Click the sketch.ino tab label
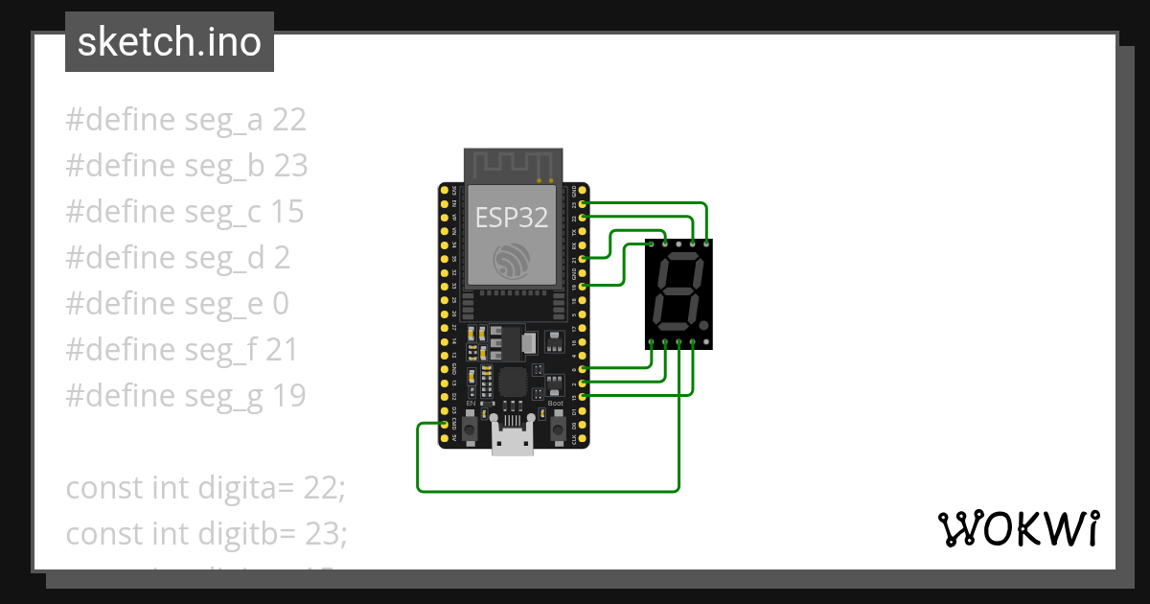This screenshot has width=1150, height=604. (x=169, y=42)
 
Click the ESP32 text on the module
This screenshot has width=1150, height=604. (x=513, y=217)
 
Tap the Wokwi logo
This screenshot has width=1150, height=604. (x=1017, y=528)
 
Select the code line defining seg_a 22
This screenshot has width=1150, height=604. (x=186, y=120)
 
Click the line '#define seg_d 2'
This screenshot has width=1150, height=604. (x=177, y=258)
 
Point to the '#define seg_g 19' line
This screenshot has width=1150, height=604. (x=186, y=395)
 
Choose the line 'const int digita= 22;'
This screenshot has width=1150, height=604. (x=204, y=487)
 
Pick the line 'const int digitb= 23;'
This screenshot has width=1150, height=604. (x=206, y=533)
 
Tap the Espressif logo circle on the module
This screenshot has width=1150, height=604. (x=512, y=261)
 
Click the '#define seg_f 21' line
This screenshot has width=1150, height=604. (x=182, y=350)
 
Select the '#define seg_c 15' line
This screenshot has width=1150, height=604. (x=184, y=212)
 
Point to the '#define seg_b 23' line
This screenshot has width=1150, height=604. (x=186, y=166)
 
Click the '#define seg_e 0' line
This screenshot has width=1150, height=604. (x=176, y=304)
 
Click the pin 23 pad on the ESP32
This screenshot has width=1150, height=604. (x=583, y=204)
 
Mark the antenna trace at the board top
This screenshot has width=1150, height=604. (x=512, y=163)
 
